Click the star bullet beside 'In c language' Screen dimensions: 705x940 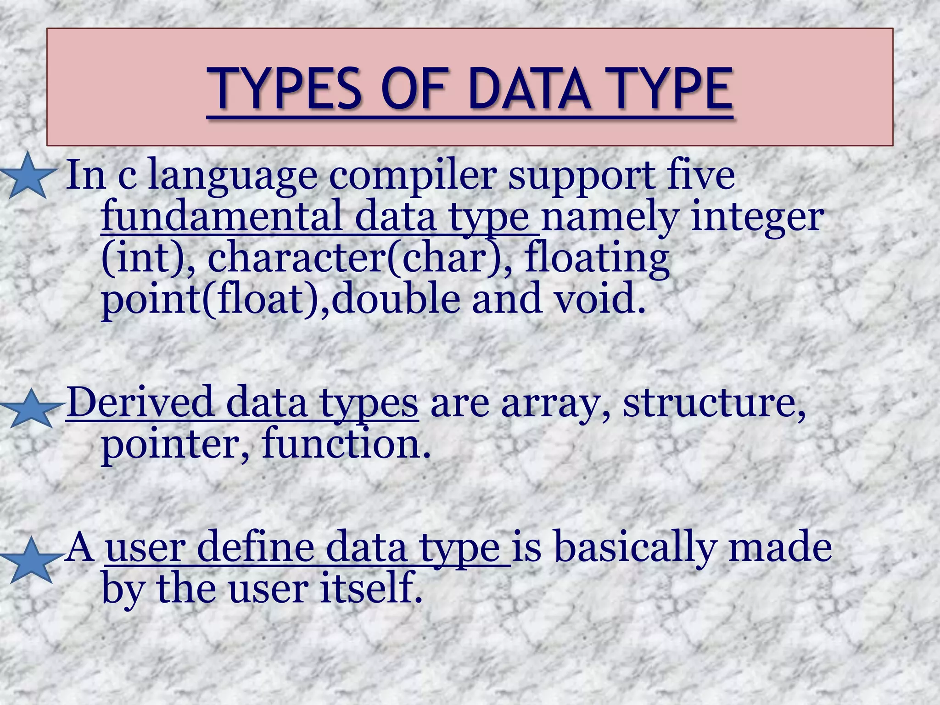[x=28, y=176]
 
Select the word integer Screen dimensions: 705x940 [x=756, y=218]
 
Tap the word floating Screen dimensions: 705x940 [x=597, y=259]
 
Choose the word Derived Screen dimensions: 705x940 [x=140, y=403]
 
